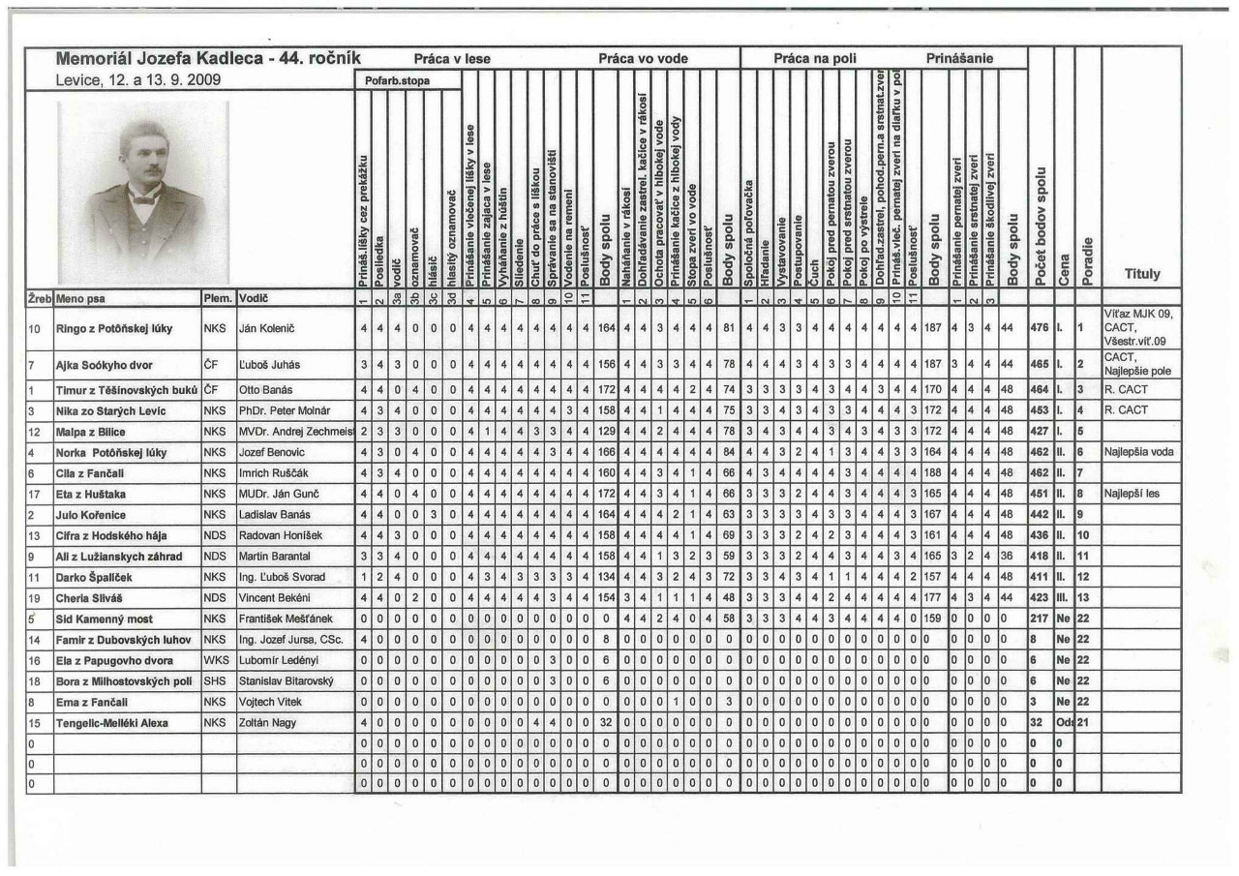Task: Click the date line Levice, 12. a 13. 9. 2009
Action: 139,80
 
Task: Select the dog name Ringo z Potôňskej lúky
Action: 114,328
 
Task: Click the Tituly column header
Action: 1141,274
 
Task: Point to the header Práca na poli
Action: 814,59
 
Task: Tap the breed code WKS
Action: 214,660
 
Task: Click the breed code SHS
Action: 214,680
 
